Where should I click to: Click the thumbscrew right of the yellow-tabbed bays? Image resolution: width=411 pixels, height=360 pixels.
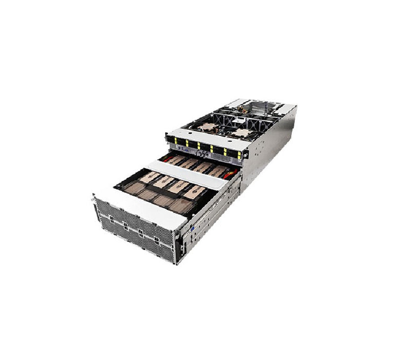tap(245, 154)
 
